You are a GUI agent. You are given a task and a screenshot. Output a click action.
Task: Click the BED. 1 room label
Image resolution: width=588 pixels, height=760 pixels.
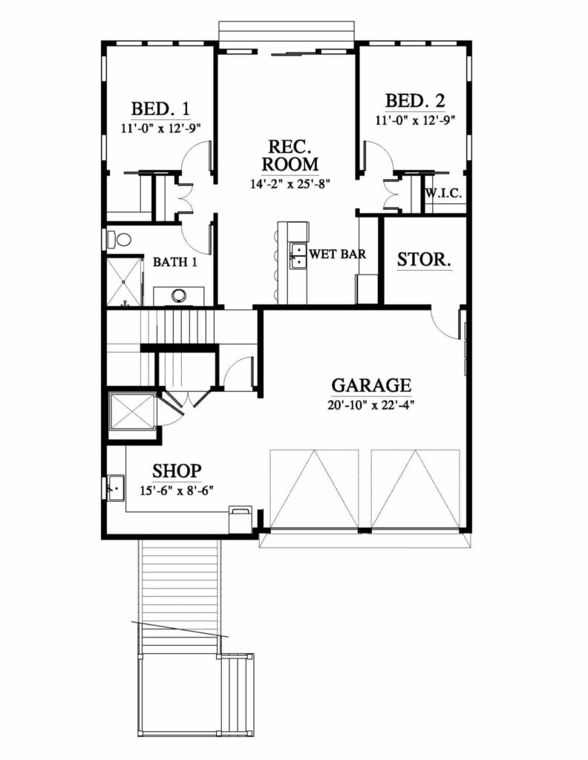click(x=160, y=108)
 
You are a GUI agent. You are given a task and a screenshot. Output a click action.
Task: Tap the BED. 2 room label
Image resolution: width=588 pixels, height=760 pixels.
click(x=414, y=101)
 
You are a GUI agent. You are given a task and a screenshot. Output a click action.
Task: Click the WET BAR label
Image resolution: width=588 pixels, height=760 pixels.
click(x=338, y=254)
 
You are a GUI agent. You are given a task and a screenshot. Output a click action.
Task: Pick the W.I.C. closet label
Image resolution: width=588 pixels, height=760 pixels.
click(x=444, y=194)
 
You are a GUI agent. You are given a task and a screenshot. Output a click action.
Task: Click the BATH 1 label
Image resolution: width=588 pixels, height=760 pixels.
click(x=175, y=262)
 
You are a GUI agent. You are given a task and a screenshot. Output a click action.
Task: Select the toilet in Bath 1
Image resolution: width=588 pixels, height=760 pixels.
click(x=118, y=240)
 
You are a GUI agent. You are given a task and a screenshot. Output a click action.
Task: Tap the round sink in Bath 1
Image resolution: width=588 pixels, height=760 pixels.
click(x=179, y=295)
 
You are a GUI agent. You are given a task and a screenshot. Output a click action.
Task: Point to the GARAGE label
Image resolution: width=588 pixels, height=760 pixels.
click(x=370, y=385)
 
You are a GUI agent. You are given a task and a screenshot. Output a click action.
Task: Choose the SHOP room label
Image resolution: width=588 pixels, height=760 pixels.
click(x=177, y=471)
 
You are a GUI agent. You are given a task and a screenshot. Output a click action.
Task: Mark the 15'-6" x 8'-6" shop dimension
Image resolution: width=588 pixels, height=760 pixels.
click(x=177, y=489)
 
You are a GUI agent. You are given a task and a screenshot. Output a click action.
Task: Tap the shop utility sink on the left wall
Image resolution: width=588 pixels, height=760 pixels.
click(x=114, y=488)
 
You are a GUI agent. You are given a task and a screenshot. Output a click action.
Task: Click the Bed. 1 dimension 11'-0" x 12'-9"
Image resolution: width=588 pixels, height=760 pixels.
click(x=160, y=127)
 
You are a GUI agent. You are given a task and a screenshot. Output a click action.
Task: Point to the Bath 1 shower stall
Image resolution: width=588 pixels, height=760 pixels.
click(x=124, y=281)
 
